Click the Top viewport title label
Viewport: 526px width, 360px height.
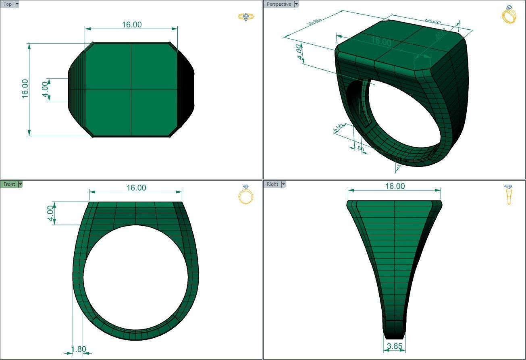coord(8,4)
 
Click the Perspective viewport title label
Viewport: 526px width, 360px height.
coord(279,4)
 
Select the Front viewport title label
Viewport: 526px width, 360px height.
coord(9,184)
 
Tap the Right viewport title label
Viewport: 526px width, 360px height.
coord(272,184)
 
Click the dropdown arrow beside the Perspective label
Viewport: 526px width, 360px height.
coord(296,4)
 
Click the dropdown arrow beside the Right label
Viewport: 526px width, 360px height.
coord(283,184)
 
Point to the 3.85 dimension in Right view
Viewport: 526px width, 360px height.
coord(395,346)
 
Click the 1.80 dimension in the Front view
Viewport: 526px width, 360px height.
coord(78,349)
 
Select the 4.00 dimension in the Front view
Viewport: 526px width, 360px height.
coord(50,213)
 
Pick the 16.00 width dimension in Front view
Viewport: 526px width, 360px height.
coord(136,188)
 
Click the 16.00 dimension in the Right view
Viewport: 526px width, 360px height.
coord(395,186)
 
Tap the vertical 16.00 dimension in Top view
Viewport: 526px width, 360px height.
coord(25,89)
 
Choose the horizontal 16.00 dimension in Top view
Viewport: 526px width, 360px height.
coord(132,25)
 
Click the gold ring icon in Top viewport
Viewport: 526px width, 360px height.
coord(245,17)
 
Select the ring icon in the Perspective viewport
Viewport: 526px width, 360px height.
coord(508,15)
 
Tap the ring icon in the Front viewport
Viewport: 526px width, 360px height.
coord(245,194)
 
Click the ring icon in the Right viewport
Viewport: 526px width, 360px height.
coord(508,194)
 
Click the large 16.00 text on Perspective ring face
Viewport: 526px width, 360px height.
coord(381,41)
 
